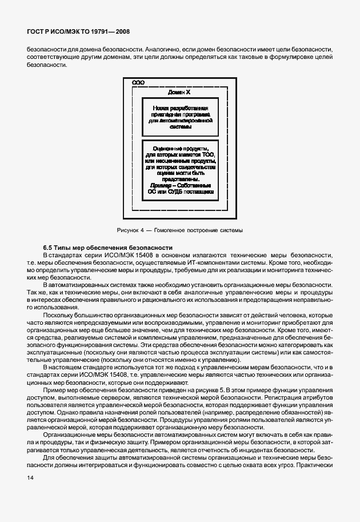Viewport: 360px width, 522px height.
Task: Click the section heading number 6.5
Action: tap(49, 246)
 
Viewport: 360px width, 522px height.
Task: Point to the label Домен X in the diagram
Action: tap(179, 92)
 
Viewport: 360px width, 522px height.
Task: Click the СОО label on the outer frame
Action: tap(138, 83)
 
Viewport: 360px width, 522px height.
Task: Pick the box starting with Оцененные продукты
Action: tap(179, 170)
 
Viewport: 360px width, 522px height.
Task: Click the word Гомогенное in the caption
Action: tap(170, 230)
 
